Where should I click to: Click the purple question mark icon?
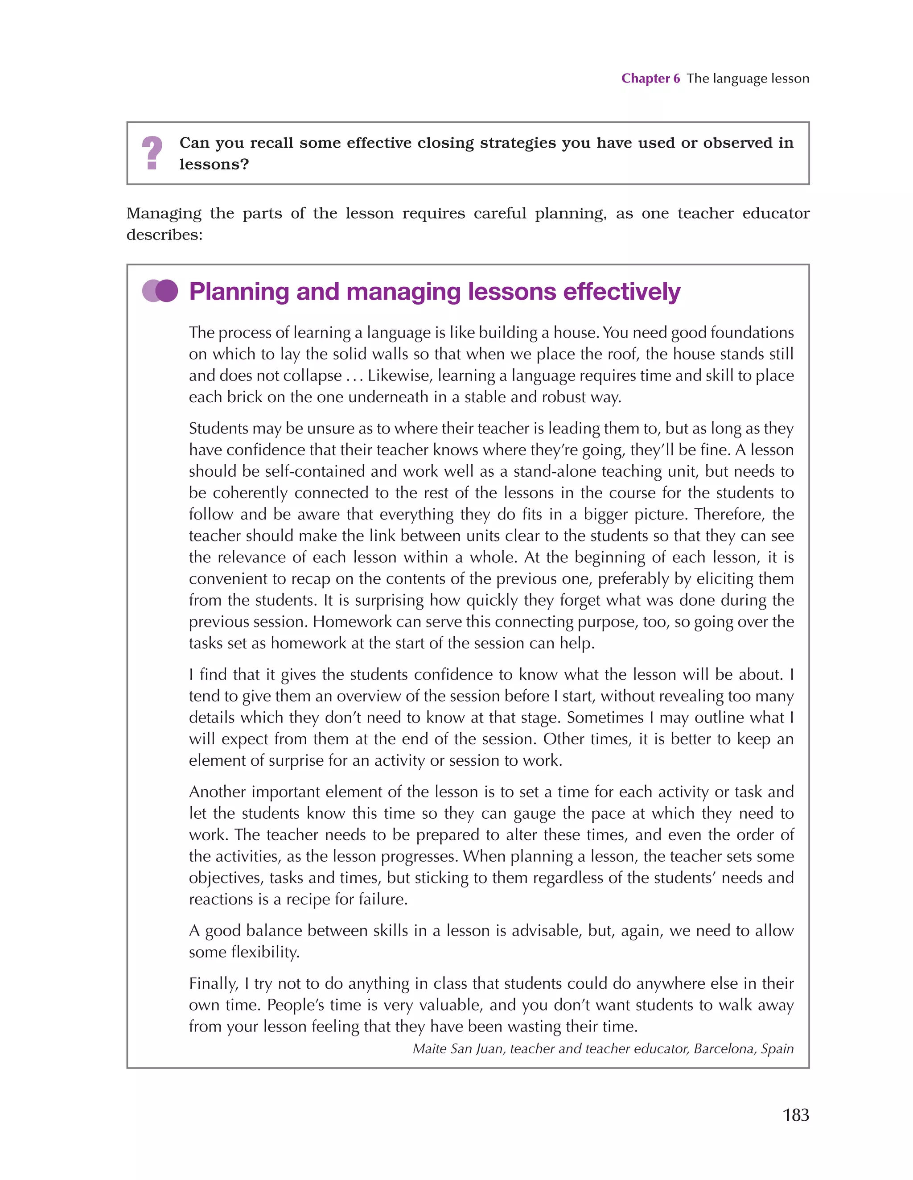pos(152,153)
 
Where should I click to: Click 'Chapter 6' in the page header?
pos(650,78)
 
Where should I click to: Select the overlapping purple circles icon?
pos(160,291)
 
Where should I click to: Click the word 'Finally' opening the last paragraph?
pos(213,983)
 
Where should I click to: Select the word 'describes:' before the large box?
pos(164,235)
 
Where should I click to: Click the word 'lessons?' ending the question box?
pos(214,164)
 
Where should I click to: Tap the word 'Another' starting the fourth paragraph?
pos(217,792)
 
